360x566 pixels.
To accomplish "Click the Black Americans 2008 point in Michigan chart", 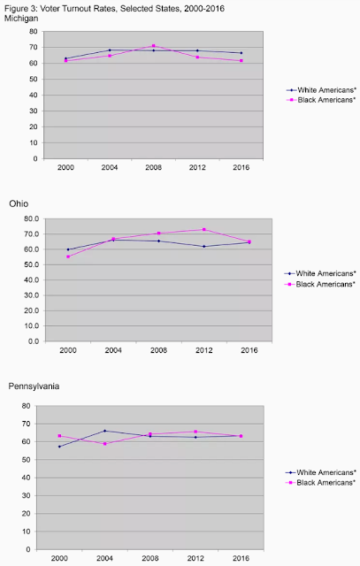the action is pos(153,46).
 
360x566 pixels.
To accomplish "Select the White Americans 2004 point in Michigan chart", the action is pos(110,50).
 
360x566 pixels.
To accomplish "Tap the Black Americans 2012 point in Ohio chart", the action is pos(204,230).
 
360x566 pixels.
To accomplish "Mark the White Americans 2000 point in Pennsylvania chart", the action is pos(59,447).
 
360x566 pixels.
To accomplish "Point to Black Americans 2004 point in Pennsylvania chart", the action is pos(104,444).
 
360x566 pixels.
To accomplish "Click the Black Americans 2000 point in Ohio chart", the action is pos(68,256).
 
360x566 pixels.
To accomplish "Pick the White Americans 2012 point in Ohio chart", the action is pos(204,247).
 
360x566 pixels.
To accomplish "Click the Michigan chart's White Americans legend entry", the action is pos(321,90).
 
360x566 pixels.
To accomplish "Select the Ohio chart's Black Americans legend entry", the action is pos(320,285).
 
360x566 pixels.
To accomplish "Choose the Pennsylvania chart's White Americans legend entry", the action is pos(321,472).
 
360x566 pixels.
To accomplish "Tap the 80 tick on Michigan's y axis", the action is pos(34,32).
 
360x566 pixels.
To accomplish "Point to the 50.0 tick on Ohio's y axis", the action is pos(32,264).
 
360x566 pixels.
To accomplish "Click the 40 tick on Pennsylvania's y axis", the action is pos(27,478).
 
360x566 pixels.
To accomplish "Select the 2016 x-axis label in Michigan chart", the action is pos(241,167).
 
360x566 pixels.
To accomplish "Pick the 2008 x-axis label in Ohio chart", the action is pos(158,350).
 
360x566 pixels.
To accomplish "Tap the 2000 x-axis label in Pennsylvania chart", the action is pos(59,558).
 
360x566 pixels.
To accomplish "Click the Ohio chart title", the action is pos(19,204).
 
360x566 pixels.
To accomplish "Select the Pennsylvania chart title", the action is pos(34,386).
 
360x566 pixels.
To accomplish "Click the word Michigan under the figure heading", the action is pos(21,19).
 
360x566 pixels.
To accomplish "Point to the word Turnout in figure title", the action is pos(71,9).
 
